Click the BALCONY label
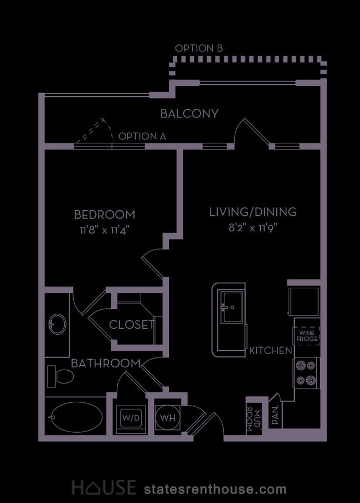coord(189,113)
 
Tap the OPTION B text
coord(199,49)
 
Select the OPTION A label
coord(142,136)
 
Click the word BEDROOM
coord(105,215)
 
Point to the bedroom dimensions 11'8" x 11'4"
coord(106,230)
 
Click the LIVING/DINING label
coord(253,212)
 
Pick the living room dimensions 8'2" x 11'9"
coord(253,228)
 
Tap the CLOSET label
coord(132,325)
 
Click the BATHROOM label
coord(106,364)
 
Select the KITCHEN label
coord(271,351)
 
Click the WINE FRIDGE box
coord(307,336)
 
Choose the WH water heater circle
coord(168,417)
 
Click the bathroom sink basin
coord(58,324)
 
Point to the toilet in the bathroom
coord(60,376)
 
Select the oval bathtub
coord(76,417)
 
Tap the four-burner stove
coord(307,373)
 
